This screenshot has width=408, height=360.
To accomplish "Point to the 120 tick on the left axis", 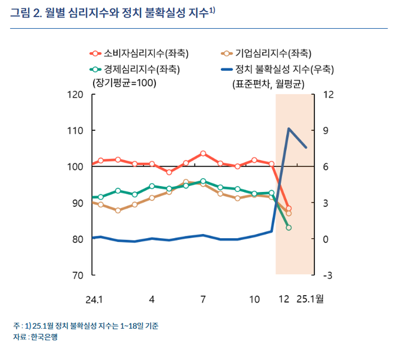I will [x=75, y=95].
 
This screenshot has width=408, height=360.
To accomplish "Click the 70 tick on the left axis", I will [x=77, y=275].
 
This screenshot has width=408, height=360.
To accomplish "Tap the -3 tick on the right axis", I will [x=328, y=275].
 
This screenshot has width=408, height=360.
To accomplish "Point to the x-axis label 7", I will [x=203, y=298].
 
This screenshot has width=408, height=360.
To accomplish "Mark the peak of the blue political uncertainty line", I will [x=289, y=128].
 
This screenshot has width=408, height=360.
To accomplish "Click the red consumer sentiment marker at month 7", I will [x=203, y=154].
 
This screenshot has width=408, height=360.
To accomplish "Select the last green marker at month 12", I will [x=289, y=228].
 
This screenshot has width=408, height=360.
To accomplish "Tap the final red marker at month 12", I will [x=289, y=209].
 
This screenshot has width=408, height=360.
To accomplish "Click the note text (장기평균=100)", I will [x=123, y=83].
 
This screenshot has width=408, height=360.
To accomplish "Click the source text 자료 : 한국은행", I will [x=35, y=337].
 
